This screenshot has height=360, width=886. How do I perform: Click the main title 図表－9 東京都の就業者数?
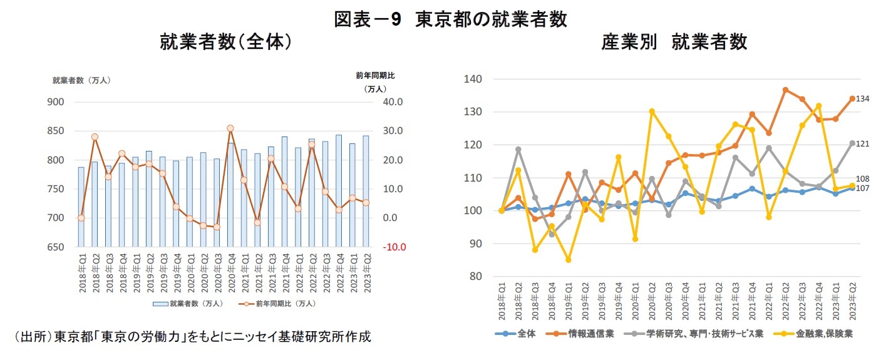(x=450, y=19)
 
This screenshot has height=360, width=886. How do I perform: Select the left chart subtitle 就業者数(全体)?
(x=226, y=42)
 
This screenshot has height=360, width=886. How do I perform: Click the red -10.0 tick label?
(x=394, y=247)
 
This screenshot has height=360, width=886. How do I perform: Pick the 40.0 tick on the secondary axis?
(x=394, y=102)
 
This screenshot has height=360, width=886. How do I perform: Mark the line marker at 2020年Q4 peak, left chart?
(x=230, y=128)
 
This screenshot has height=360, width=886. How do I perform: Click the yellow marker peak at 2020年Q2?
(x=652, y=111)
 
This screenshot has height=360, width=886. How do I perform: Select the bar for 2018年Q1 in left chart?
(x=81, y=207)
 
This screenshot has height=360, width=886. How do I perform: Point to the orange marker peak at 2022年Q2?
(x=786, y=90)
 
